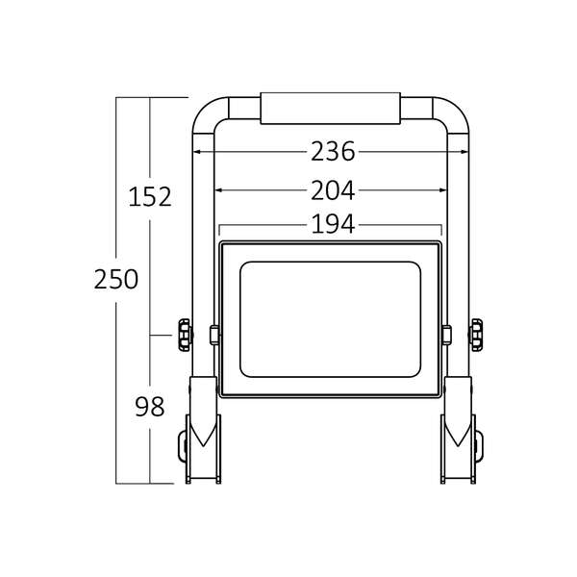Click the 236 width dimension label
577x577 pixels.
[333, 152]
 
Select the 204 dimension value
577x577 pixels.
[333, 190]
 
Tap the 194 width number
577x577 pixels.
[333, 224]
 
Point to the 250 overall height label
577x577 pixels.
[116, 279]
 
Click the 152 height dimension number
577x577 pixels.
[150, 197]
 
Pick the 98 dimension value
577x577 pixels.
[149, 407]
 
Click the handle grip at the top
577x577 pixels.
[330, 108]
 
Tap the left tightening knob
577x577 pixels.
[185, 335]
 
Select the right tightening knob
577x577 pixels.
[476, 335]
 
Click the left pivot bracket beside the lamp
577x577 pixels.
[214, 335]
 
